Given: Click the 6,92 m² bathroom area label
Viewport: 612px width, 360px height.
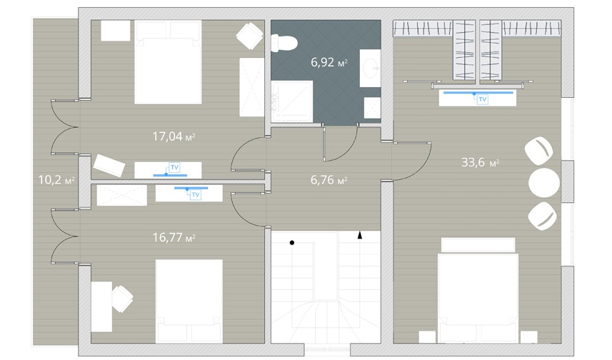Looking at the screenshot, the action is (329, 62).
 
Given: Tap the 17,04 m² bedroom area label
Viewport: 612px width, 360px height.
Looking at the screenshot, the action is (174, 136).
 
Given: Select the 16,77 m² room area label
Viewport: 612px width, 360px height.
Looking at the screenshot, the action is (174, 237).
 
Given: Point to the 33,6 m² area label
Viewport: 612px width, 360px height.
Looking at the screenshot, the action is (480, 162).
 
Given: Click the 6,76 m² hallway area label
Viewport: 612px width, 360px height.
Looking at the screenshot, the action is (329, 180).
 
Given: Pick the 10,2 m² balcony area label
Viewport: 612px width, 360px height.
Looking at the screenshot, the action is (56, 179).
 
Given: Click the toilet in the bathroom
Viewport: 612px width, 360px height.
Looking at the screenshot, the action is (284, 43).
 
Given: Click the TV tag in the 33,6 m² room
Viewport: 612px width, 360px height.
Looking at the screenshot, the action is (483, 99).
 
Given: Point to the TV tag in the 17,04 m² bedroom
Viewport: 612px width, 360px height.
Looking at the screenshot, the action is (174, 167).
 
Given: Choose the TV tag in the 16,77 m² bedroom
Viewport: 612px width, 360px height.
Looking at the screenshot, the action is (196, 194).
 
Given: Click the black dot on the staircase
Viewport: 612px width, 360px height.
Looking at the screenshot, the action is (292, 243).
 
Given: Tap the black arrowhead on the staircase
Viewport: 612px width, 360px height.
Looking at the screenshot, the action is (360, 235).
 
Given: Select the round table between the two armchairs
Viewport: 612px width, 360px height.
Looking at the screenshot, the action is (543, 183).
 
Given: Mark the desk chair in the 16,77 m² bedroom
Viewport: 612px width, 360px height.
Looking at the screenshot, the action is (122, 299).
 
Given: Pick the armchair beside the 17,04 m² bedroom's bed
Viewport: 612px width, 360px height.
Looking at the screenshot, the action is (249, 36).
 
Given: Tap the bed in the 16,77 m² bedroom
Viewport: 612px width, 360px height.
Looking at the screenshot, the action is (189, 301).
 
